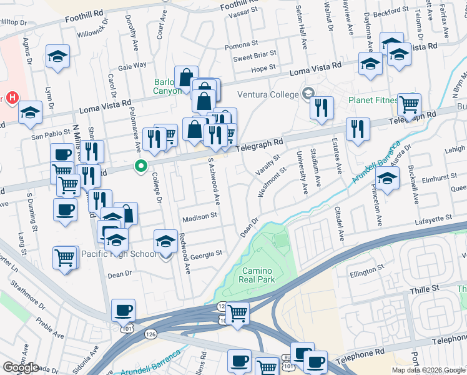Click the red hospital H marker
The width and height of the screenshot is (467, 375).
tap(12, 98)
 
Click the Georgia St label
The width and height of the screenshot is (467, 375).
tap(206, 254)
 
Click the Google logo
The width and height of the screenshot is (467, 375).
tap(21, 367)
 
